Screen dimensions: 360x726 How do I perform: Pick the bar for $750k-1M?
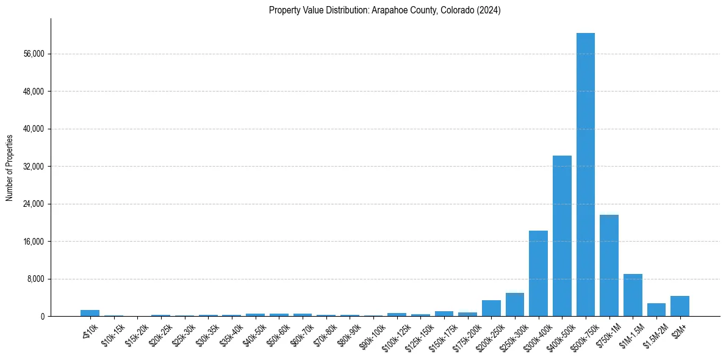609,265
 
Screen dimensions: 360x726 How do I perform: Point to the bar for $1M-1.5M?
633,295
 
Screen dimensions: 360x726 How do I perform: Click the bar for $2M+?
680,306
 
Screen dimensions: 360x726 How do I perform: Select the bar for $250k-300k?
515,304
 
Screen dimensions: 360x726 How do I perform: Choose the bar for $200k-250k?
491,308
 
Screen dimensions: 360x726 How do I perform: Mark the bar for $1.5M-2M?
656,310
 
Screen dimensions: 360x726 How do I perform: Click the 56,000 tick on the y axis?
33,54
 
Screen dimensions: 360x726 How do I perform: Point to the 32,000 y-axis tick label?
33,167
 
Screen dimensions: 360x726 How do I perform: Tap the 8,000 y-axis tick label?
35,279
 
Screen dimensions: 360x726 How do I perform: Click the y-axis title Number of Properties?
10,168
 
